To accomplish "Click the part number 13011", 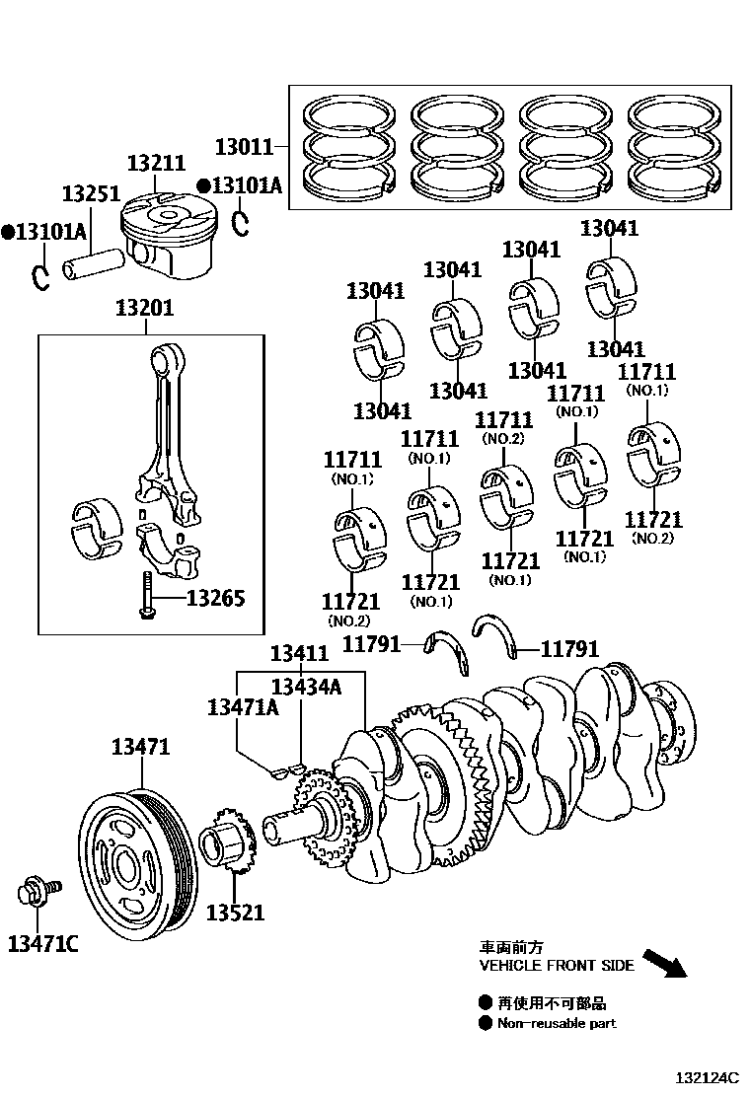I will point(244,148).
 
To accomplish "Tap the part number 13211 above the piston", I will point(156,164).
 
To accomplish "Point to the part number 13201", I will point(144,308).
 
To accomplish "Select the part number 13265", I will point(215,598).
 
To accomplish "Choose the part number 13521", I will point(235,913).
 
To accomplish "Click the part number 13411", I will point(300,653).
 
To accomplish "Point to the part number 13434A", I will point(307,688).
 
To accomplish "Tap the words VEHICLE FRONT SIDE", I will point(557,966).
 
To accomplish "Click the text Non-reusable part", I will point(557,1024).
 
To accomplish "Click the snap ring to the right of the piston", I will point(240,223).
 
